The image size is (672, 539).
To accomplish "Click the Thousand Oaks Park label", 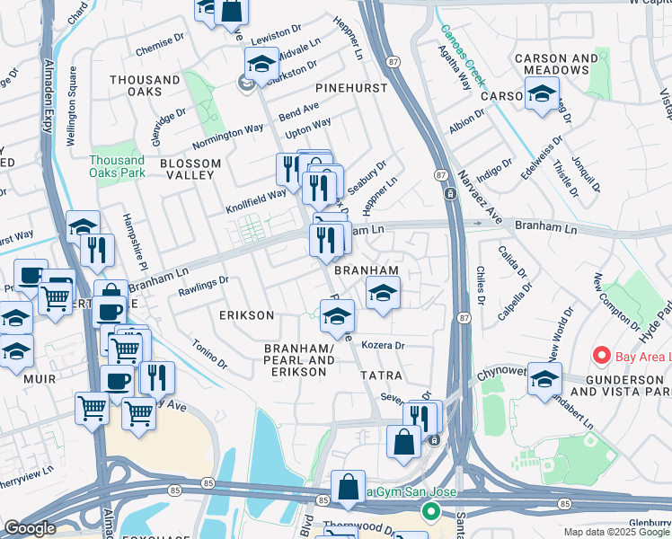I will (x=117, y=166).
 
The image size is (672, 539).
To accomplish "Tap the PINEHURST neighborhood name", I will (x=350, y=88).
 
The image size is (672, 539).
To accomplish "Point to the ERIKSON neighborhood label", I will (x=246, y=316).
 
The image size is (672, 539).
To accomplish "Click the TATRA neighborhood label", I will (x=382, y=373).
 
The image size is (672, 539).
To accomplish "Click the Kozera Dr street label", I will (x=384, y=345).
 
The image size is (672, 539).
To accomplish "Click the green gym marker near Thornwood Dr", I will (x=430, y=512).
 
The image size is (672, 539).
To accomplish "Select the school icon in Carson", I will (x=543, y=93).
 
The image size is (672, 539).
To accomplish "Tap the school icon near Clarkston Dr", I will (x=261, y=64).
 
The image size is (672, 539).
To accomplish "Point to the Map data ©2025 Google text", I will (x=616, y=532).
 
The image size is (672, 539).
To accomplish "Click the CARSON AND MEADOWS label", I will (x=556, y=65).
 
